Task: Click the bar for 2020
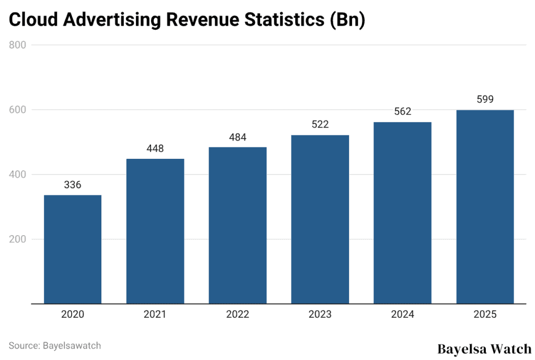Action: (x=73, y=249)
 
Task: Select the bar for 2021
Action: (x=155, y=231)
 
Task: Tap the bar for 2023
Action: (x=320, y=219)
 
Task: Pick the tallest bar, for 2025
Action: (x=485, y=206)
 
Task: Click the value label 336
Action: (x=73, y=185)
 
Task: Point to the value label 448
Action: (x=155, y=148)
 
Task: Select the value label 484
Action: (x=238, y=137)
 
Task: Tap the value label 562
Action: (x=402, y=111)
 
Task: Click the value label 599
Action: (x=485, y=99)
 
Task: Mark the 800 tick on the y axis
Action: (x=18, y=45)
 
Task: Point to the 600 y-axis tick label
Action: (x=18, y=110)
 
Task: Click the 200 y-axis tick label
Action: (x=18, y=239)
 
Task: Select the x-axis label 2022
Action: (x=238, y=315)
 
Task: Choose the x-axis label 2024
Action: (x=402, y=315)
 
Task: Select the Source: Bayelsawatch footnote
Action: (x=55, y=345)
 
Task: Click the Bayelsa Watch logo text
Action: (x=484, y=349)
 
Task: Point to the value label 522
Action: (x=320, y=125)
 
